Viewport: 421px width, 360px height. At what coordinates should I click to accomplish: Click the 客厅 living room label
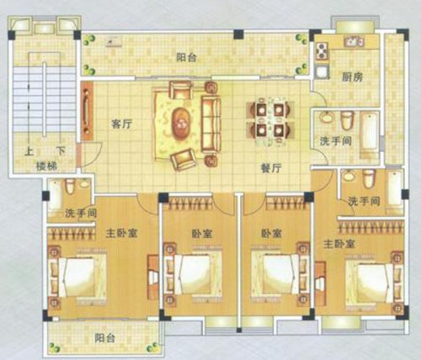pyautogui.click(x=121, y=124)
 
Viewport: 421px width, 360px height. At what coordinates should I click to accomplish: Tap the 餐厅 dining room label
pyautogui.click(x=271, y=168)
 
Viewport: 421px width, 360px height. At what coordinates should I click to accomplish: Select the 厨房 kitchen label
pyautogui.click(x=352, y=77)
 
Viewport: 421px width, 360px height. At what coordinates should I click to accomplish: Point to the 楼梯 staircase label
pyautogui.click(x=46, y=166)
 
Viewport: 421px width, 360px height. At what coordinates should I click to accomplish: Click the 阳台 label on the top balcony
pyautogui.click(x=186, y=57)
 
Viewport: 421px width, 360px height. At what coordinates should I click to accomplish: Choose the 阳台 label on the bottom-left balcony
pyautogui.click(x=104, y=338)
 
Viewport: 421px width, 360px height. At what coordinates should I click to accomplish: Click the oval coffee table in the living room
pyautogui.click(x=182, y=124)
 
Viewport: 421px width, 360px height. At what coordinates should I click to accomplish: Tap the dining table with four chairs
pyautogui.click(x=270, y=120)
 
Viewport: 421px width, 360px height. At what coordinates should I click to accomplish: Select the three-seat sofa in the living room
pyautogui.click(x=211, y=124)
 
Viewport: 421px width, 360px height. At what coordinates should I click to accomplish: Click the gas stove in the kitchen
pyautogui.click(x=322, y=50)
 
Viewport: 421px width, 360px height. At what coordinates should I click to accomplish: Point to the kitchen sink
pyautogui.click(x=354, y=42)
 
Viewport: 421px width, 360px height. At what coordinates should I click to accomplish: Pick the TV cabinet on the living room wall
pyautogui.click(x=87, y=111)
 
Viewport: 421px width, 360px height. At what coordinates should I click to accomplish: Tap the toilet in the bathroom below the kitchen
pyautogui.click(x=347, y=120)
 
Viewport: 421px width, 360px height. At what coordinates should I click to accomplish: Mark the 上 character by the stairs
pyautogui.click(x=29, y=151)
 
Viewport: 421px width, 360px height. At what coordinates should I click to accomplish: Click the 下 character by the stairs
pyautogui.click(x=61, y=151)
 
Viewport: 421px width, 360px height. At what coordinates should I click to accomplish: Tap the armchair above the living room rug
pyautogui.click(x=181, y=90)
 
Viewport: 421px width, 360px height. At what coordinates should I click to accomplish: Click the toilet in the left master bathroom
pyautogui.click(x=70, y=186)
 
